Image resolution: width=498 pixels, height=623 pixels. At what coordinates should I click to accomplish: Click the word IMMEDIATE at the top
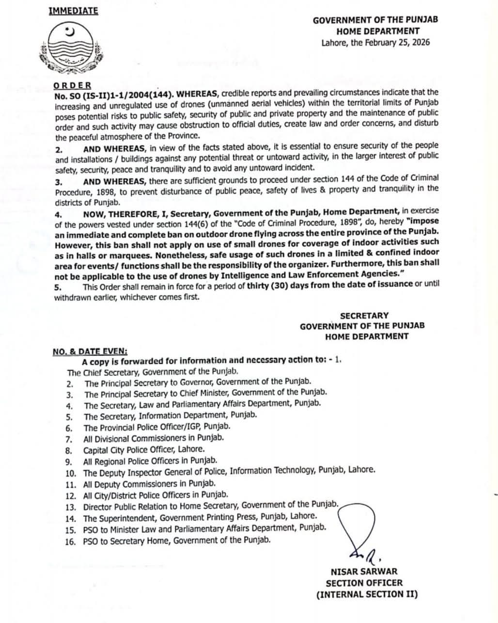(73, 11)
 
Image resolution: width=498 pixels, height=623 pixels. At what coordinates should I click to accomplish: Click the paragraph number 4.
(58, 214)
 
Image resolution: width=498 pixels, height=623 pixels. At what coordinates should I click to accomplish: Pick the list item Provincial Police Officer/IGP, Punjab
(157, 427)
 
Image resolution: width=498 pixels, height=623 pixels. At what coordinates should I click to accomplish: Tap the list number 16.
(70, 541)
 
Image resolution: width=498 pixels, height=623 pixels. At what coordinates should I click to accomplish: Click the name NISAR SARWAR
(364, 572)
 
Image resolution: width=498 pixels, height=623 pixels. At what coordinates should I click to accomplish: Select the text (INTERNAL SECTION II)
(367, 594)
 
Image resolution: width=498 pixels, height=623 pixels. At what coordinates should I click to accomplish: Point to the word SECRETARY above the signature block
(364, 316)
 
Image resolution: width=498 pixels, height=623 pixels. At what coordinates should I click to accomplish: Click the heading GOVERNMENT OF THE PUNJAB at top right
(375, 20)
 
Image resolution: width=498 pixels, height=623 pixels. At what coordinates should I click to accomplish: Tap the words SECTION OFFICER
(364, 583)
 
